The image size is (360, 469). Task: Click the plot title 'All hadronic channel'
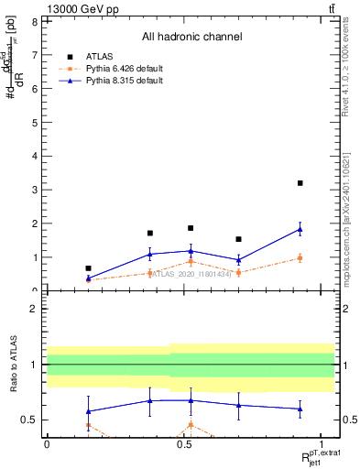click(x=191, y=37)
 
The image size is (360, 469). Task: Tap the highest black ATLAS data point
click(x=300, y=183)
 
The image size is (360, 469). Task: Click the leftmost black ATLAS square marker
click(x=88, y=268)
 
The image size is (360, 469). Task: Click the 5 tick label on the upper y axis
click(x=34, y=123)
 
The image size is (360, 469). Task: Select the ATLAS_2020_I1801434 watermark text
click(x=191, y=273)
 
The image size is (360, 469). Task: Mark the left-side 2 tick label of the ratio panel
click(x=34, y=309)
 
